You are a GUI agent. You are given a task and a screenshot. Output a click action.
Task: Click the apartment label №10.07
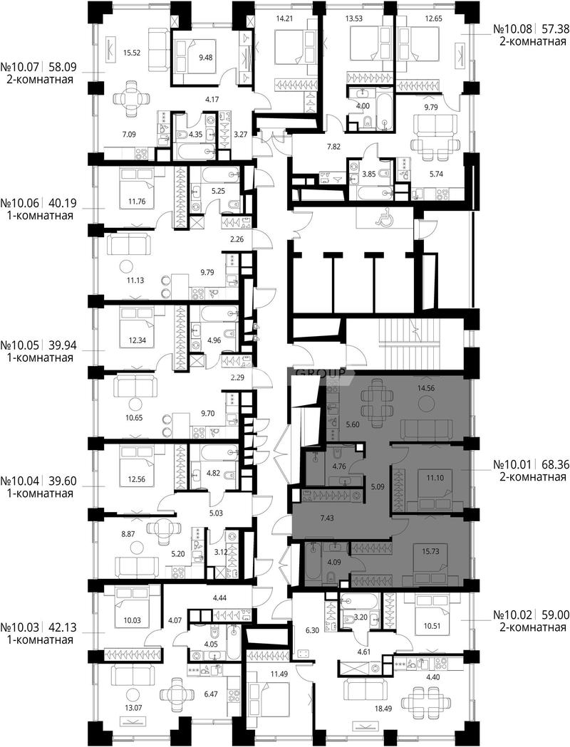pyautogui.click(x=21, y=66)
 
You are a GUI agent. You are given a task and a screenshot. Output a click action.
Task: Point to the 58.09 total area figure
pyautogui.click(x=63, y=66)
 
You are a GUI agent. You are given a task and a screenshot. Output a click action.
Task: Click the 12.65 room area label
pyautogui.click(x=420, y=19)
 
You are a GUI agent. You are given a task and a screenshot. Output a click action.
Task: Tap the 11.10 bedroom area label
pyautogui.click(x=435, y=478)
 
